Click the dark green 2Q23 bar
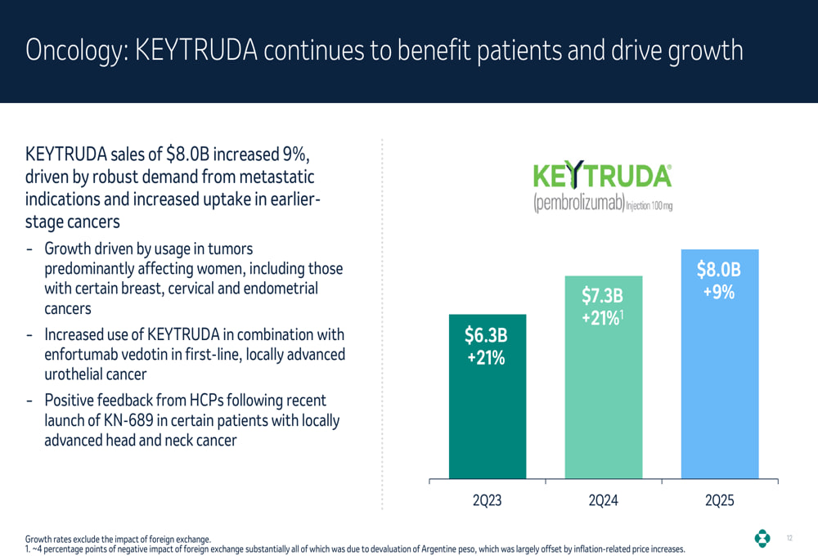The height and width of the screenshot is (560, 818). coord(487,409)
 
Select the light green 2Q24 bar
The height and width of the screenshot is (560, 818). coord(603,392)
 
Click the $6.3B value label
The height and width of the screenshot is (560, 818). coord(486,335)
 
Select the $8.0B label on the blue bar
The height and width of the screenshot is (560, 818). coord(718,270)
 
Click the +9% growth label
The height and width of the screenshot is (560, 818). coord(719,292)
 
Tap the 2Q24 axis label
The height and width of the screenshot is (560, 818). coord(603,500)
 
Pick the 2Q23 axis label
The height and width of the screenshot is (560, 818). coord(487,500)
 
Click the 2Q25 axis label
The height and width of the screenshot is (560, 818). coord(719,500)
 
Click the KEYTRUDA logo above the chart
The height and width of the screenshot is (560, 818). coord(602,177)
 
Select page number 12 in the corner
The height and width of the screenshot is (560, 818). coord(789,538)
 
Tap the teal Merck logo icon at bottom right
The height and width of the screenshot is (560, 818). coord(762,538)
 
